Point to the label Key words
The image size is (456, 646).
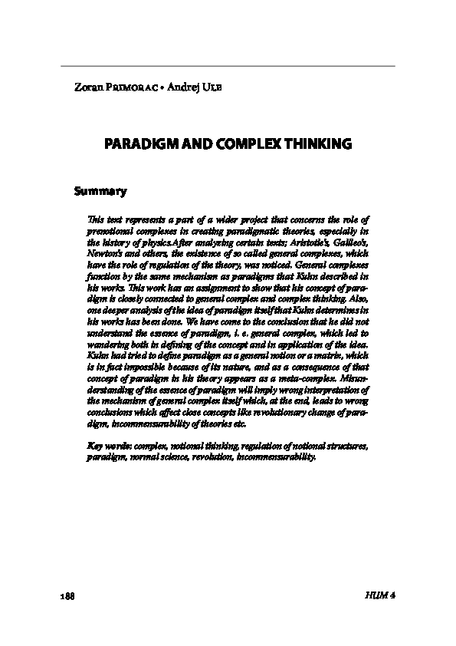click(x=107, y=446)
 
